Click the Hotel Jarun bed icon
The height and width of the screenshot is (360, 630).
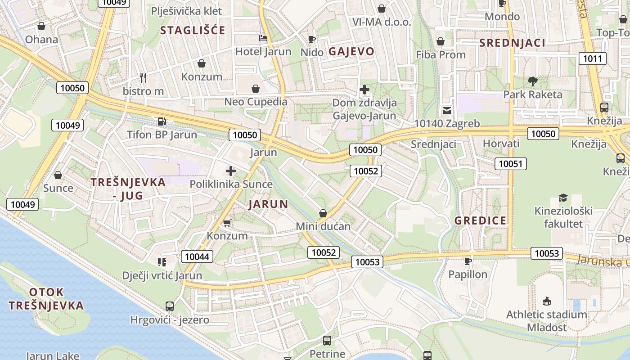click(263, 38)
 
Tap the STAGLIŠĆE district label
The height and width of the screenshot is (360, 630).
click(193, 31)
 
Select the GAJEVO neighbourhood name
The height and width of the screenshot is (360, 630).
click(351, 51)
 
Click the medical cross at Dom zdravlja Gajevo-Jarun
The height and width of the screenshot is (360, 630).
click(364, 90)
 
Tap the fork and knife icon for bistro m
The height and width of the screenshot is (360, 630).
click(143, 77)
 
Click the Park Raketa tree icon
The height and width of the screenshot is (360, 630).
click(533, 81)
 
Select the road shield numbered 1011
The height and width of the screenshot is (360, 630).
click(592, 58)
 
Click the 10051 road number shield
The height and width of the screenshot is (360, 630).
click(511, 163)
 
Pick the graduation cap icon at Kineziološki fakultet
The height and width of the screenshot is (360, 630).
click(563, 198)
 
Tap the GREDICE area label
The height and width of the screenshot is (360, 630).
click(481, 220)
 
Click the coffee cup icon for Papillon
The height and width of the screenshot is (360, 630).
click(468, 261)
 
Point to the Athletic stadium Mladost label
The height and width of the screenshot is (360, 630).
click(547, 321)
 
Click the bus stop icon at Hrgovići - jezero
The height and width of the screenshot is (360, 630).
click(170, 306)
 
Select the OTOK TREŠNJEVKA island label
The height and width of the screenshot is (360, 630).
click(46, 299)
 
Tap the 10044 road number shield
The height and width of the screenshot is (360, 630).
click(197, 256)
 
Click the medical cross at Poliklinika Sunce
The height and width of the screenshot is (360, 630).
click(231, 171)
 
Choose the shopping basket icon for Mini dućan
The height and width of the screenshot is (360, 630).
click(323, 213)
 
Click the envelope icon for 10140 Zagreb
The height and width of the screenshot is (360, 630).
click(447, 110)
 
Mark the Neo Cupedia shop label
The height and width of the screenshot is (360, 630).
click(256, 102)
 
